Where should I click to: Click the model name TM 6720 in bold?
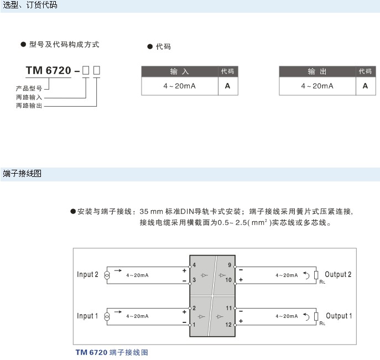(x=49, y=71)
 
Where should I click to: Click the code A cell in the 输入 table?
(x=227, y=86)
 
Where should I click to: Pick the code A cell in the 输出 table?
(x=365, y=86)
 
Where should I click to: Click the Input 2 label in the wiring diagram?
(x=87, y=275)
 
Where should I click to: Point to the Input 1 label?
(x=87, y=316)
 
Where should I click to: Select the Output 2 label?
(x=338, y=275)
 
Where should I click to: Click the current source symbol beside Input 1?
(x=107, y=317)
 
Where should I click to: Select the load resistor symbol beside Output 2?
(x=316, y=275)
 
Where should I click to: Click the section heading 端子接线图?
(x=23, y=174)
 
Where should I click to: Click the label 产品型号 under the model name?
(x=29, y=88)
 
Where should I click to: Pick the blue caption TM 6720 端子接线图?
(x=112, y=352)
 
